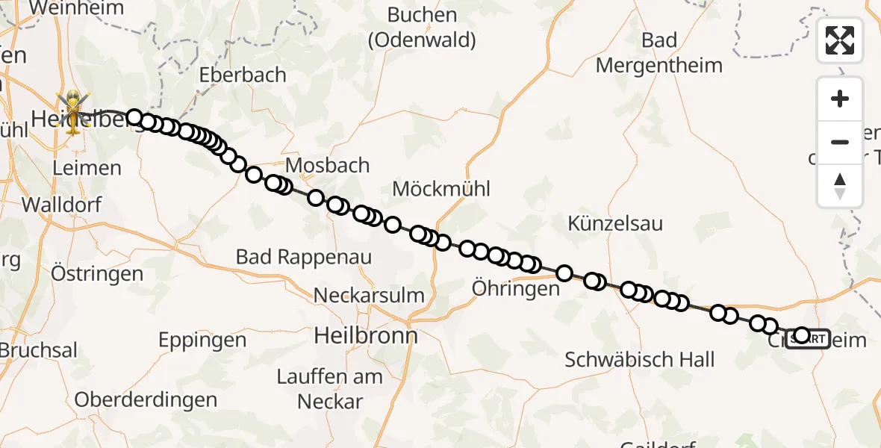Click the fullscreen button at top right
tap(840, 40)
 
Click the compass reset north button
tap(840, 186)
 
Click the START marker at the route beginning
tap(808, 339)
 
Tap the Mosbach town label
tap(328, 165)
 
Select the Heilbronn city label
tap(366, 335)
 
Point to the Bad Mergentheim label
tap(659, 53)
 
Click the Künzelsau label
tap(615, 223)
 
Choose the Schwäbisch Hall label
tap(640, 360)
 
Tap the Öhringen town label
tap(516, 288)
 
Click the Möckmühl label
tap(441, 189)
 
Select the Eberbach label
tap(243, 75)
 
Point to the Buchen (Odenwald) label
tap(422, 28)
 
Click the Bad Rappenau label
tap(304, 258)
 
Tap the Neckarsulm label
tap(369, 295)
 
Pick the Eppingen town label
tap(202, 341)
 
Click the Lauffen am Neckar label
tap(330, 389)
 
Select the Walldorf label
tap(62, 205)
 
